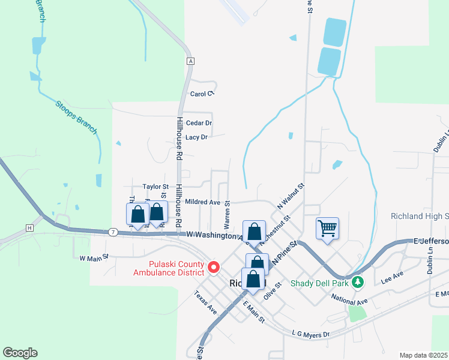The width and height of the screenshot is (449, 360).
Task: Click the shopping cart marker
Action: click(328, 228)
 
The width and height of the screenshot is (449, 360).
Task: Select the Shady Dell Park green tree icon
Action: click(358, 281)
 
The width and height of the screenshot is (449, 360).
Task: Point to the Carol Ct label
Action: click(202, 94)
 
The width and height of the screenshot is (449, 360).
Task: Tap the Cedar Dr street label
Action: click(199, 123)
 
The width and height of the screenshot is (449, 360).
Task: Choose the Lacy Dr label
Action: click(196, 137)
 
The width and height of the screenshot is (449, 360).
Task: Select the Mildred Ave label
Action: click(202, 202)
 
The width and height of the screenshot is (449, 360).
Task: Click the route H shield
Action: click(29, 228)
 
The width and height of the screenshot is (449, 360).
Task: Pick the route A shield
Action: click(190, 61)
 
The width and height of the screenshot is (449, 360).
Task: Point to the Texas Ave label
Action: click(205, 302)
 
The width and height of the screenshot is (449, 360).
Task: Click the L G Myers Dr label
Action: click(310, 334)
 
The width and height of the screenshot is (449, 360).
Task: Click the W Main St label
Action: click(94, 257)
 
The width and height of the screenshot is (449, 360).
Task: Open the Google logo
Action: click(20, 353)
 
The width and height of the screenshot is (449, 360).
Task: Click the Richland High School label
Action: click(420, 216)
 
